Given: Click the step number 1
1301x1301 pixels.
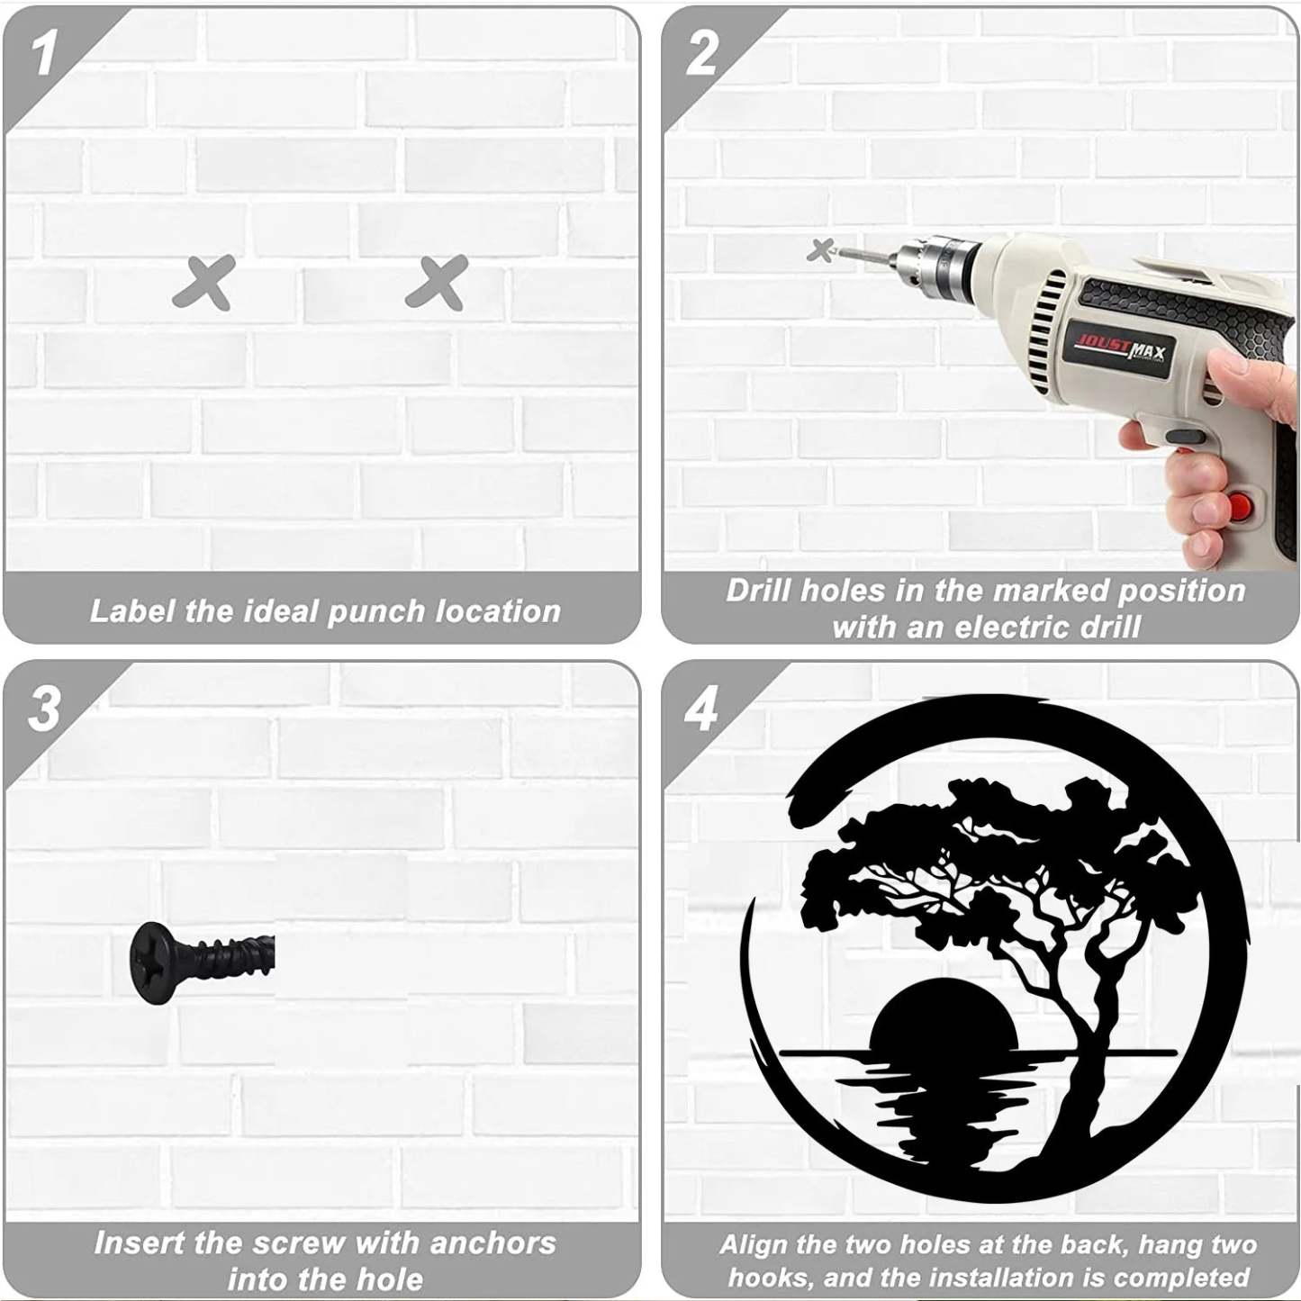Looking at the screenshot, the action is coord(43,55).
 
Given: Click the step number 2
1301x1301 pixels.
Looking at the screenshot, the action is coord(700,54).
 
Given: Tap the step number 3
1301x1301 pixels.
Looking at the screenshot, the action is coord(44,709).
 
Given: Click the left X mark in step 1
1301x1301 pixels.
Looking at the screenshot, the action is coord(203,282).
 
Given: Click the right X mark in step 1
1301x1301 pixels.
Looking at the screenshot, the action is coord(437,282).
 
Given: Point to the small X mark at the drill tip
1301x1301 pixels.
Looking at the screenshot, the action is coord(821,250).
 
